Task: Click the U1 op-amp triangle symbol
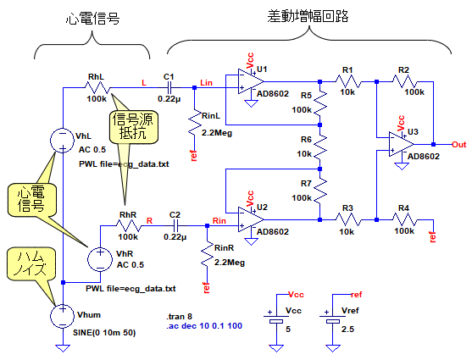[250, 81]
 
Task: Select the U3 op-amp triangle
[400, 144]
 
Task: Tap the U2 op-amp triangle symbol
[250, 219]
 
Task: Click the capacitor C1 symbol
[169, 87]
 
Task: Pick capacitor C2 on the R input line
[175, 225]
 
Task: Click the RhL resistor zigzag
[97, 87]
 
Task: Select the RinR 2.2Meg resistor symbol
[207, 254]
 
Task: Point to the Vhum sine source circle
[63, 316]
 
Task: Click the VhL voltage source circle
[63, 141]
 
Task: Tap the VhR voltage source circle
[100, 259]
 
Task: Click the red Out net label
[459, 145]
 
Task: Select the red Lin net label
[207, 83]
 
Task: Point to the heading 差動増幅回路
[308, 16]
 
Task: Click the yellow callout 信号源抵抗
[134, 127]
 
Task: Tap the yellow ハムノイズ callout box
[31, 263]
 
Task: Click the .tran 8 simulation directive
[179, 316]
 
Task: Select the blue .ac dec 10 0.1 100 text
[204, 325]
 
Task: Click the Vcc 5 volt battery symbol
[276, 318]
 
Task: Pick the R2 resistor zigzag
[405, 81]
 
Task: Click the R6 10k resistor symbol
[320, 147]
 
